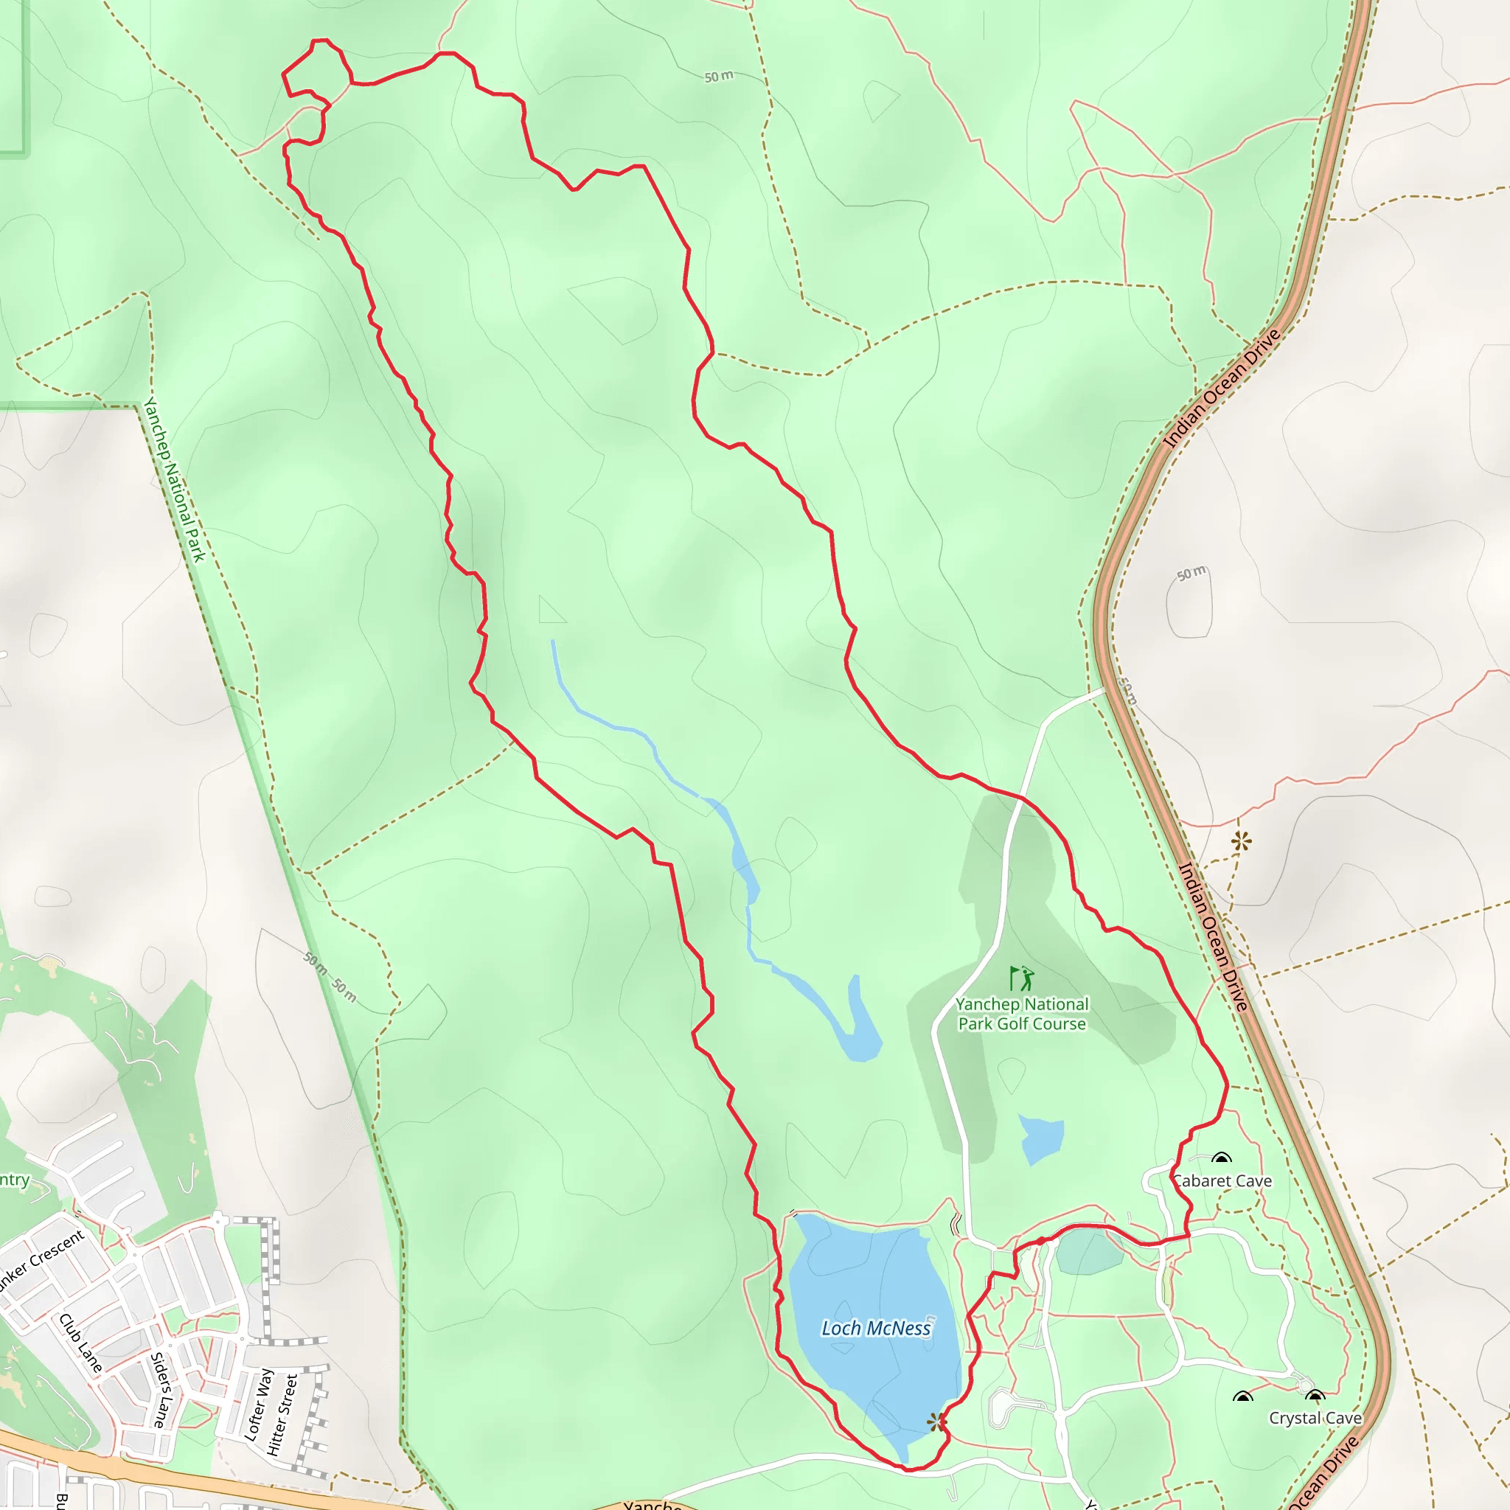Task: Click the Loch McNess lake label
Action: [x=875, y=1328]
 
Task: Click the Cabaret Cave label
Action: [x=1223, y=1181]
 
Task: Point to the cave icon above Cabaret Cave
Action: [x=1221, y=1158]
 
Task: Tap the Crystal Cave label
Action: [x=1315, y=1418]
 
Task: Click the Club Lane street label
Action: [x=80, y=1343]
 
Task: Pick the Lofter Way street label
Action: [x=258, y=1405]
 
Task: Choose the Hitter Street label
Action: [x=282, y=1415]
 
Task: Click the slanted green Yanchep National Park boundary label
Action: [x=173, y=479]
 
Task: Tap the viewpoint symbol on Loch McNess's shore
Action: [x=936, y=1422]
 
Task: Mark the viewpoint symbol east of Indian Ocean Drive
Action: [x=1241, y=842]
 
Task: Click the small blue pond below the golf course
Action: [x=1041, y=1138]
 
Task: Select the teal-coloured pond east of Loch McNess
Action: [x=1088, y=1251]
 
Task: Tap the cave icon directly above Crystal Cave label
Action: [x=1315, y=1396]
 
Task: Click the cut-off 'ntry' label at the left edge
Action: [x=14, y=1180]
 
